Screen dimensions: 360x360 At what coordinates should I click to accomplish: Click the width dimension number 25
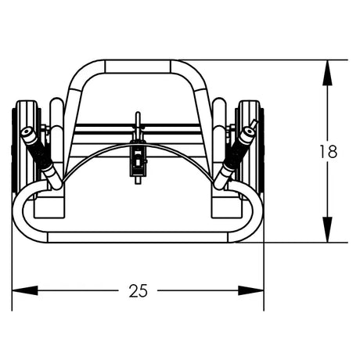138,291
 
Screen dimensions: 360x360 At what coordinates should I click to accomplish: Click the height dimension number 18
329,151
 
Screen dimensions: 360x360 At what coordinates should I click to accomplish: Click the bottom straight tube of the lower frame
138,237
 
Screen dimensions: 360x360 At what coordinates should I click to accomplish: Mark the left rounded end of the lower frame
18,213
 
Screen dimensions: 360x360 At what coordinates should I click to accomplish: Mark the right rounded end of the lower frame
257,213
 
